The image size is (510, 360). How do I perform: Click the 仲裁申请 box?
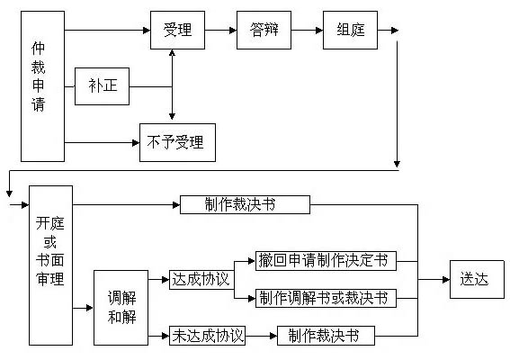(x=42, y=86)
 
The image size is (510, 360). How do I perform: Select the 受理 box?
(x=177, y=30)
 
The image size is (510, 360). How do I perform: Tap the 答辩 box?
(x=264, y=30)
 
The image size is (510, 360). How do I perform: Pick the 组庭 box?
(x=350, y=30)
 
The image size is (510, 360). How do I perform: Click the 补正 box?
(x=103, y=86)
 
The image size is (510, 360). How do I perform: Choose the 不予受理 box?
(x=177, y=142)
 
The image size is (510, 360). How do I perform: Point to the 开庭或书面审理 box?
(x=50, y=265)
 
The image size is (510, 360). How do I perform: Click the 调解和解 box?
(x=121, y=308)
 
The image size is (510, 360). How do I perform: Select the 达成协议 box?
(x=201, y=280)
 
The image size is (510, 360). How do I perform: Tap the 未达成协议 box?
(x=207, y=336)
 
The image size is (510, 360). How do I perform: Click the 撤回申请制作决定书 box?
(x=326, y=261)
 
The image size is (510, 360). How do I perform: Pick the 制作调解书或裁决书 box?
(x=326, y=298)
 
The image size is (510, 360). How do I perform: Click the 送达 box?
(x=477, y=279)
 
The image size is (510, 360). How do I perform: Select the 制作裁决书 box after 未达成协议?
(x=326, y=336)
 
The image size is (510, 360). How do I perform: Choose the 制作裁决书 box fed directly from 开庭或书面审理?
(x=245, y=204)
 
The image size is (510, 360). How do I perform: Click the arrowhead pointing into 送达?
(x=446, y=279)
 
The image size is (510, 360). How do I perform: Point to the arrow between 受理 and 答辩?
(x=221, y=31)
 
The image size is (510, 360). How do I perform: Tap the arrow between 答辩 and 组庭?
(x=307, y=31)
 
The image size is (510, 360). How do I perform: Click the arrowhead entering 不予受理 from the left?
(x=136, y=142)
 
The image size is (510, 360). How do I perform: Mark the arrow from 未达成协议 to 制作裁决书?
(x=261, y=336)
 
